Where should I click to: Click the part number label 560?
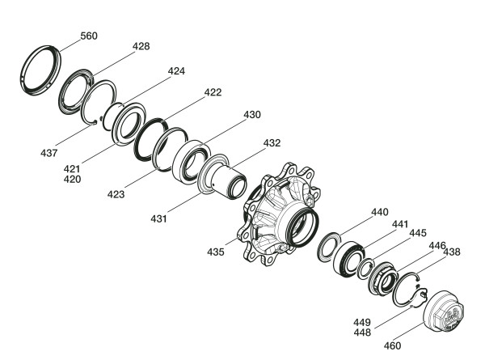[89, 36]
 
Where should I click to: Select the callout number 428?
[141, 46]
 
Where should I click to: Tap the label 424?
[176, 71]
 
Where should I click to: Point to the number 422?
[213, 92]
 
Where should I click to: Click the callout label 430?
[252, 115]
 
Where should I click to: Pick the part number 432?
[272, 143]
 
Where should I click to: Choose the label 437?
[48, 153]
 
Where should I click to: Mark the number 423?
[116, 194]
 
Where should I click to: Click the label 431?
[158, 219]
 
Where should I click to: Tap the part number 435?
[216, 252]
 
